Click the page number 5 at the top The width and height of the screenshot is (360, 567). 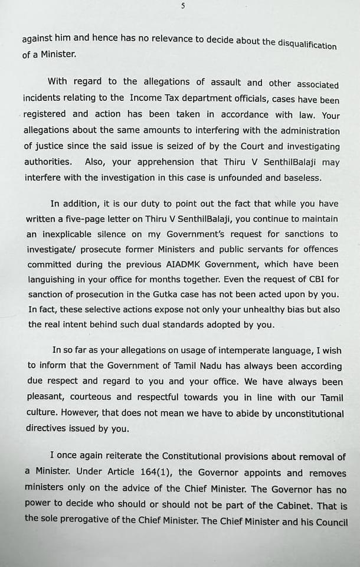click(183, 6)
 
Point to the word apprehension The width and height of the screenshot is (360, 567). click(165, 162)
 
